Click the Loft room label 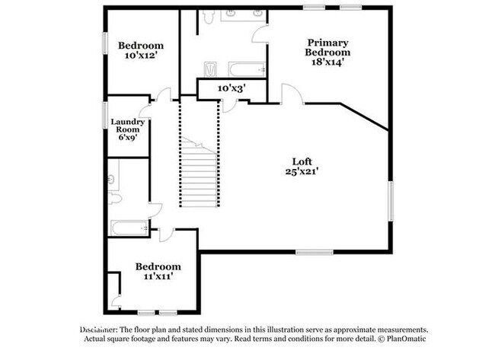302,161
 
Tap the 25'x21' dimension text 301,171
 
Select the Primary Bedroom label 327,47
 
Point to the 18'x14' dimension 327,62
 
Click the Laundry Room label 127,126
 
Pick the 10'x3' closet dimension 232,88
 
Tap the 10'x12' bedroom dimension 141,56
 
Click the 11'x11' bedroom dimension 158,276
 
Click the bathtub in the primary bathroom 247,69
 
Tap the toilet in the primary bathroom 209,17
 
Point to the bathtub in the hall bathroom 129,228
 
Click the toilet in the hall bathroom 115,199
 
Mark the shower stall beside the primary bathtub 210,69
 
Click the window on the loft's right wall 391,201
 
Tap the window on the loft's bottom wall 315,252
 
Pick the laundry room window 105,115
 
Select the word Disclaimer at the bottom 99,330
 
